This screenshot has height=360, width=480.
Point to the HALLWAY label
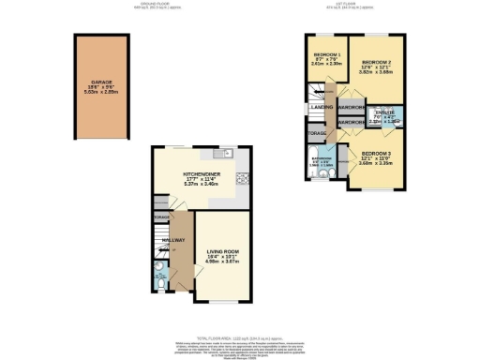pyautogui.click(x=172, y=242)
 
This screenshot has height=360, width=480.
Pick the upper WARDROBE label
pyautogui.click(x=351, y=106)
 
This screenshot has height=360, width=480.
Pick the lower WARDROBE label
pyautogui.click(x=351, y=122)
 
